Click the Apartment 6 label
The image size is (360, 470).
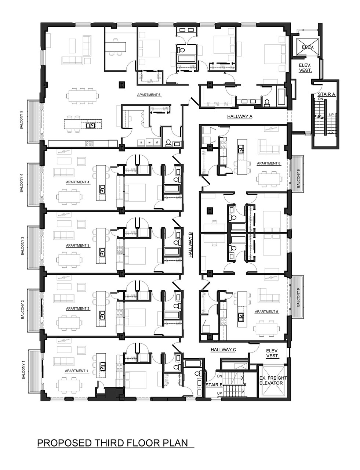coord(149,95)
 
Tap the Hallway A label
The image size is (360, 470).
coord(240,116)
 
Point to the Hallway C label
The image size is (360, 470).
coord(223,350)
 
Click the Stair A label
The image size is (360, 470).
coord(326,94)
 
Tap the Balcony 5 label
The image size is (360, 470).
coord(21,120)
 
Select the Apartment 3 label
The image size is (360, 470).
coord(77,246)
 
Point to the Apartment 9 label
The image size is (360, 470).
coord(266,312)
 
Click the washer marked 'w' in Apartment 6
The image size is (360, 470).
coord(149,142)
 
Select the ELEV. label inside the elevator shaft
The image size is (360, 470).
coord(308,47)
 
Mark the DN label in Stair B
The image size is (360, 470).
coord(219,376)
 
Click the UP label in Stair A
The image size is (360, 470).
coord(331,115)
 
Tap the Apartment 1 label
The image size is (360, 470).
coord(76,371)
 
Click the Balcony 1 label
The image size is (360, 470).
coord(23,371)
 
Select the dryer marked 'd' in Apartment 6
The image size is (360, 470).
coord(157,142)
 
